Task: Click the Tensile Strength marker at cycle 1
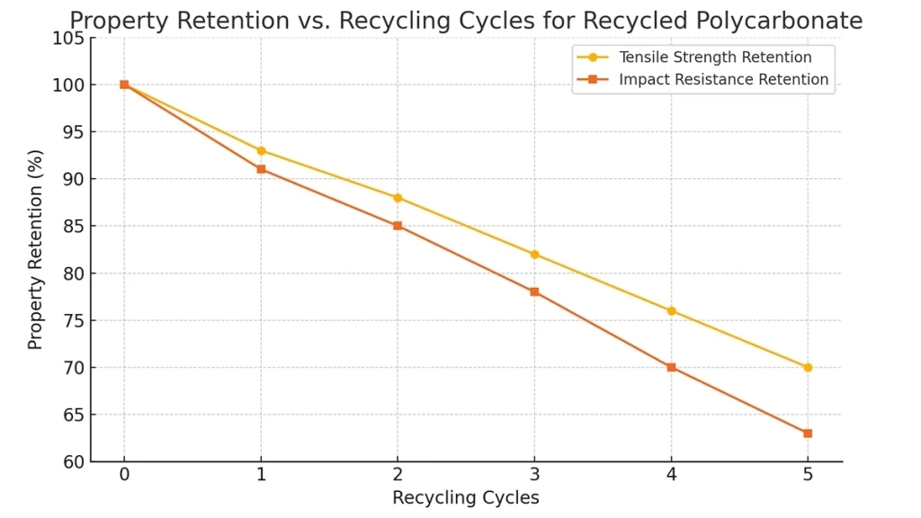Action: coord(261,150)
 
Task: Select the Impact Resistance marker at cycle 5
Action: coord(808,433)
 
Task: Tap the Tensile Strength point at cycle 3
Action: coord(534,255)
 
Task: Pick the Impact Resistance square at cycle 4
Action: coord(671,367)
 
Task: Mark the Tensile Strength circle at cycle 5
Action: coord(808,367)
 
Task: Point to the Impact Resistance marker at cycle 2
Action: coord(398,226)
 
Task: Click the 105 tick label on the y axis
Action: coord(74,38)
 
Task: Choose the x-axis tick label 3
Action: coord(534,475)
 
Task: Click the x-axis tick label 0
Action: coord(124,475)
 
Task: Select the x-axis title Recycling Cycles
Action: coord(465,497)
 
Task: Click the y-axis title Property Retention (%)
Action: coord(35,249)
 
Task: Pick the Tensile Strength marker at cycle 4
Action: coord(671,311)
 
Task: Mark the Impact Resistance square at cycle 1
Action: coord(261,169)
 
